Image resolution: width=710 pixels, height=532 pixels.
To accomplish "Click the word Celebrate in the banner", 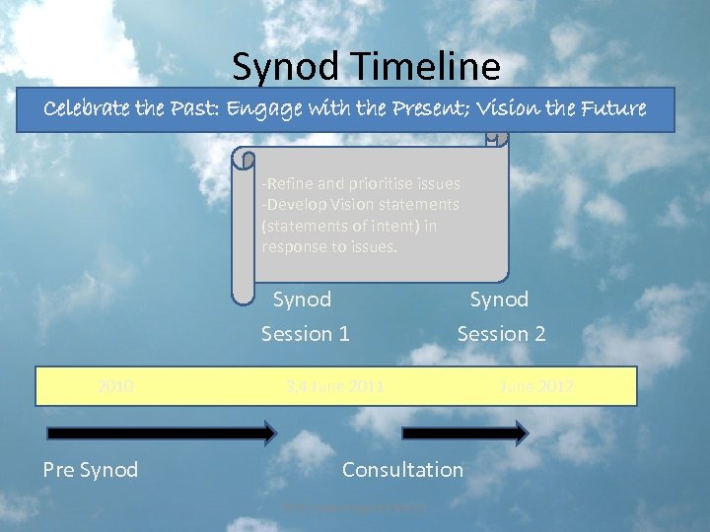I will (89, 109).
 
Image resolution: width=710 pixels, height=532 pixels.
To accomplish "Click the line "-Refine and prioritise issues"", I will (360, 183).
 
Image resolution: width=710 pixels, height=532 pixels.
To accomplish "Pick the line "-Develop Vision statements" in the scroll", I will (360, 204).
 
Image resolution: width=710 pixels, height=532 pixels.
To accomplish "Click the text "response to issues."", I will (329, 246).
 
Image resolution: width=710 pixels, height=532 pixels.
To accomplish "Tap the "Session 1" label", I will (305, 334).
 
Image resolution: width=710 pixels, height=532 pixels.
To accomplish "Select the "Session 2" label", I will (501, 334).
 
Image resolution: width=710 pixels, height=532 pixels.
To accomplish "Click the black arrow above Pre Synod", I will (163, 432).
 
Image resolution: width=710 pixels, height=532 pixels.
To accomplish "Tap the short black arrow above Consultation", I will (464, 432).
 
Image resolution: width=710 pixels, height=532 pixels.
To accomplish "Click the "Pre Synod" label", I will (90, 470).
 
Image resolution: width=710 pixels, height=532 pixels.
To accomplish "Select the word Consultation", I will (402, 470).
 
